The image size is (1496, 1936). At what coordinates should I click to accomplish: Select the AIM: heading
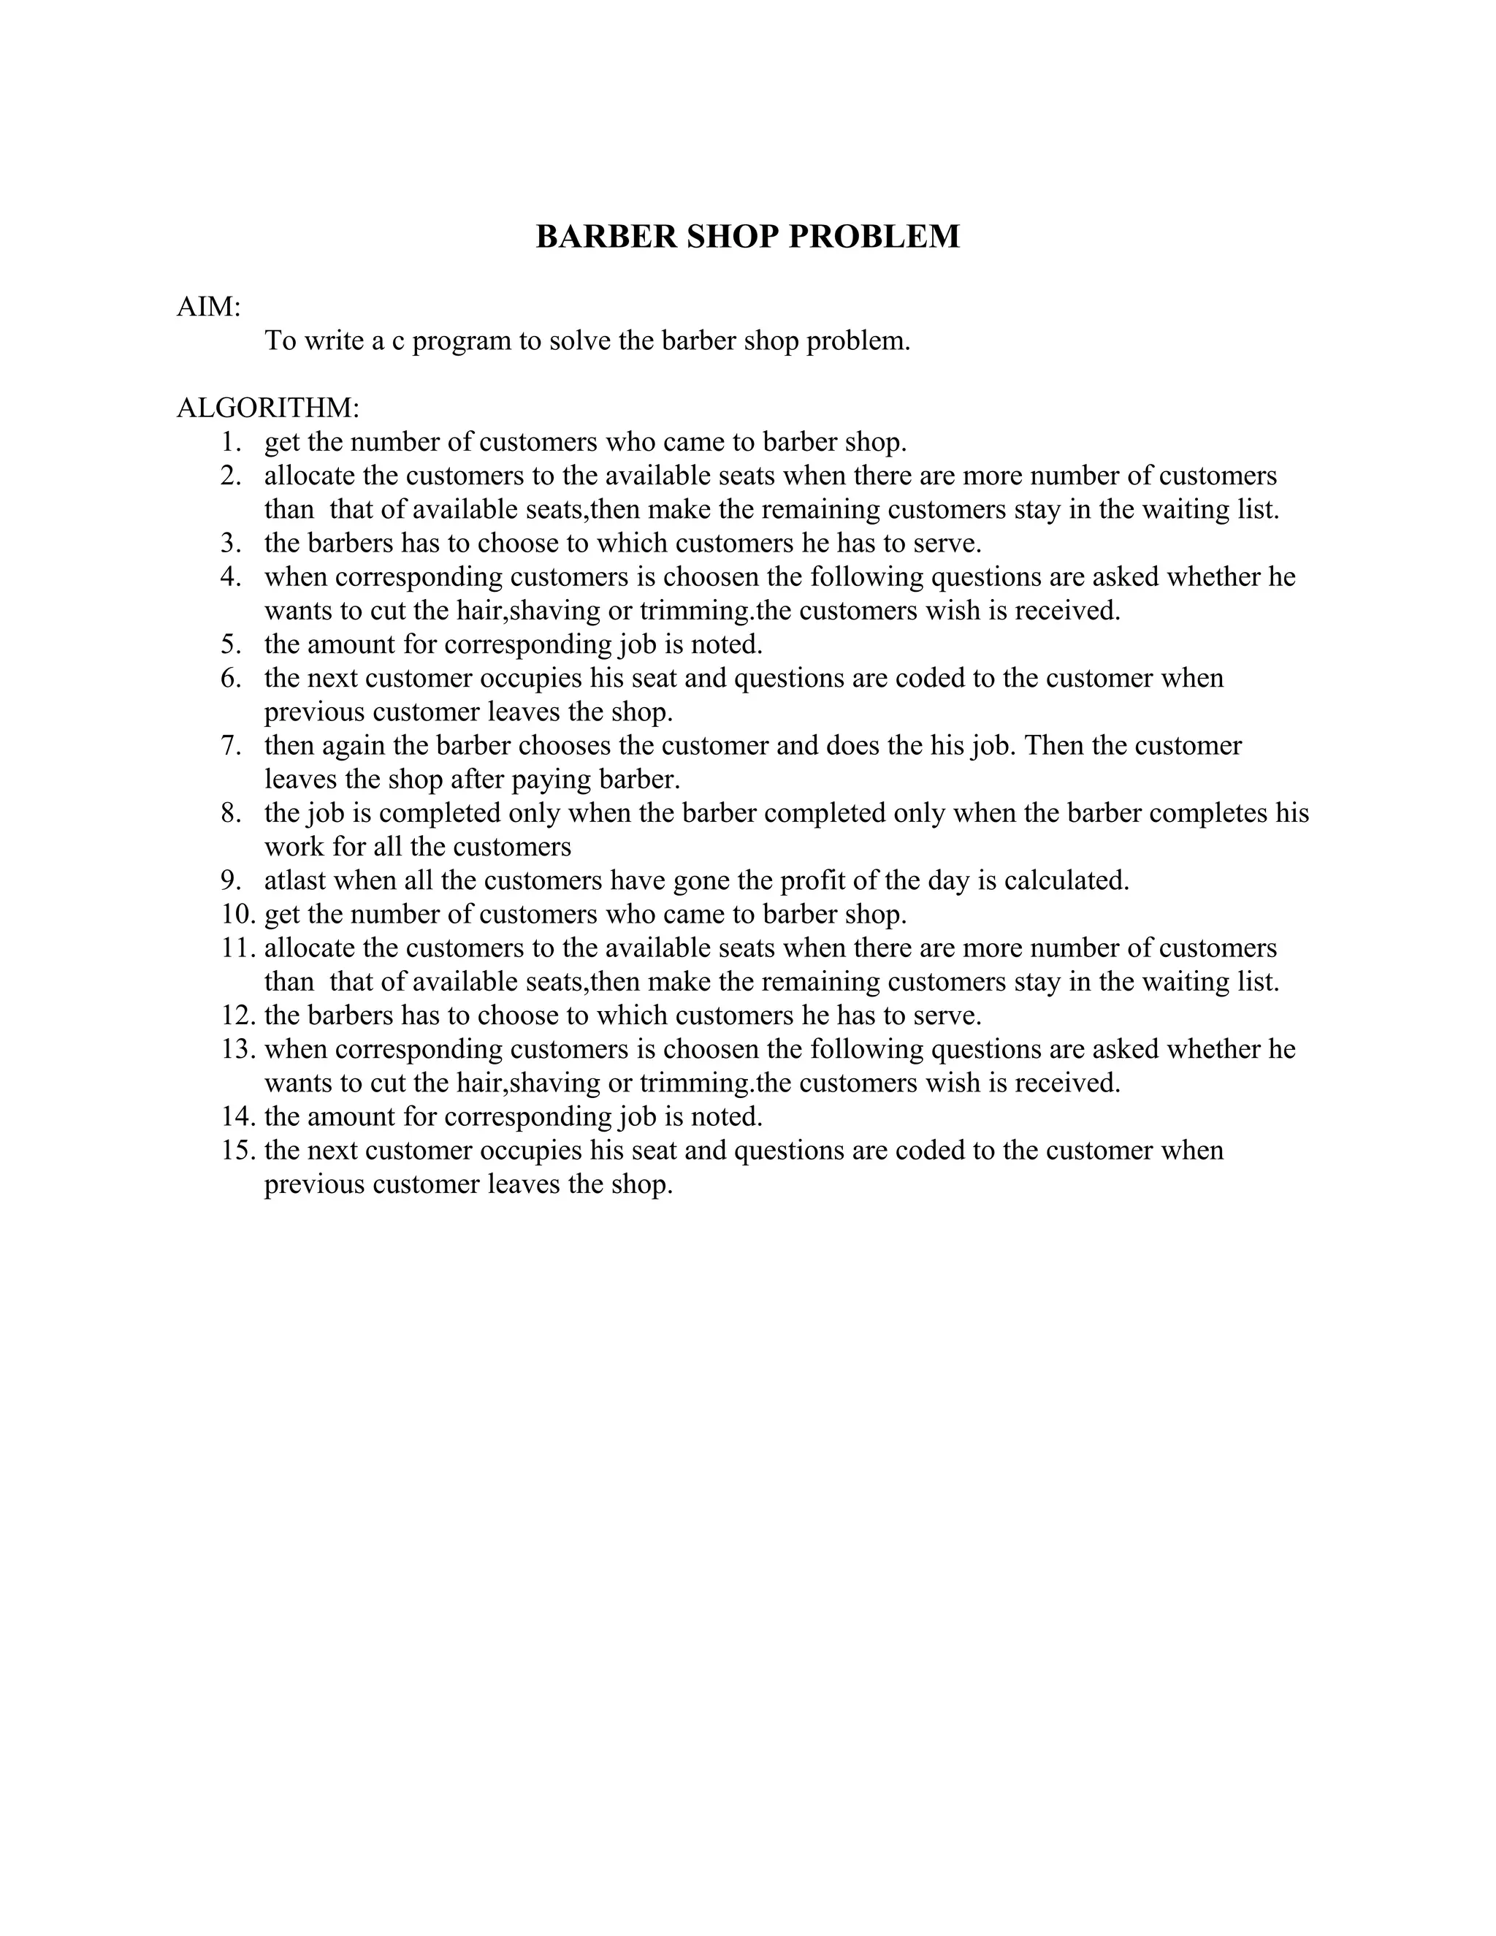(209, 307)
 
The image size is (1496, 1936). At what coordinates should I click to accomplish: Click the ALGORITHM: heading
(267, 408)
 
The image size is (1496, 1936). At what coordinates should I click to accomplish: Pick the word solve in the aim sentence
(581, 340)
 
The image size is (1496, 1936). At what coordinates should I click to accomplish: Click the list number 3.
(230, 543)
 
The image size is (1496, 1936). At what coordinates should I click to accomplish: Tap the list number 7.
(230, 745)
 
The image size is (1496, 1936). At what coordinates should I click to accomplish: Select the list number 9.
(230, 880)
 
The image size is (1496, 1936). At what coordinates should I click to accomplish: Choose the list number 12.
(237, 1015)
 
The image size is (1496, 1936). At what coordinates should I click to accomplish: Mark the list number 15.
(237, 1150)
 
